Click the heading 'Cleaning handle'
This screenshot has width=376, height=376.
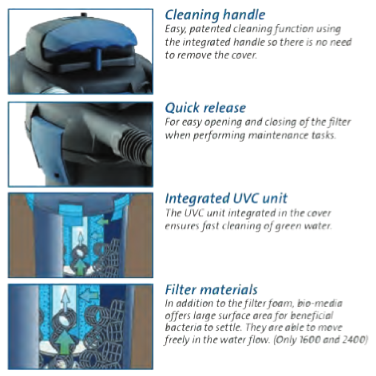tap(215, 15)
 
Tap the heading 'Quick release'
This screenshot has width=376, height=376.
tap(205, 108)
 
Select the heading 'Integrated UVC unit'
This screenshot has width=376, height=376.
tap(226, 199)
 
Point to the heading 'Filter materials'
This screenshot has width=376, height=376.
tap(211, 290)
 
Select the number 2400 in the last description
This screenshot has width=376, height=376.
tap(353, 340)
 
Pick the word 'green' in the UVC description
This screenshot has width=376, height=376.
tap(285, 226)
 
